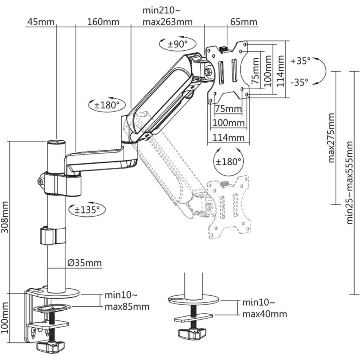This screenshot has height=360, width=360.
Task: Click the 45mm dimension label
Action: pyautogui.click(x=41, y=22)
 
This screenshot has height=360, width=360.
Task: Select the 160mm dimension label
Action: pyautogui.click(x=103, y=22)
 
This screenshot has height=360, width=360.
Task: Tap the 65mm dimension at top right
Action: pyautogui.click(x=244, y=22)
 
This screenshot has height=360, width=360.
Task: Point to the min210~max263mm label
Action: pyautogui.click(x=168, y=16)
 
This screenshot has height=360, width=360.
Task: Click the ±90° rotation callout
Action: pyautogui.click(x=178, y=44)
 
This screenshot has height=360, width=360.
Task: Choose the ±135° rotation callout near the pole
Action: pyautogui.click(x=87, y=210)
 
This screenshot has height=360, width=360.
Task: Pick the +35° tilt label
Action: pyautogui.click(x=300, y=61)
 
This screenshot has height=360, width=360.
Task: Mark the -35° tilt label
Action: pyautogui.click(x=300, y=82)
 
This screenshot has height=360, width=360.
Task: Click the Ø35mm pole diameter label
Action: pyautogui.click(x=85, y=263)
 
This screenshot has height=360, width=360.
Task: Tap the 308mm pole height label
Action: pyautogui.click(x=5, y=217)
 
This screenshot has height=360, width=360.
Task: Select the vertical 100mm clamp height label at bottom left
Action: pyautogui.click(x=5, y=318)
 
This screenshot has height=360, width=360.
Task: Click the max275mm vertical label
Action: pyautogui.click(x=331, y=138)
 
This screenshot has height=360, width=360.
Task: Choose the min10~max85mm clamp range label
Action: pyautogui.click(x=127, y=301)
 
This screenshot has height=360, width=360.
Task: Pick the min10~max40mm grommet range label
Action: pyautogui.click(x=265, y=308)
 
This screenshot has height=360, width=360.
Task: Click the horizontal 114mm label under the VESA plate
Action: pyautogui.click(x=229, y=138)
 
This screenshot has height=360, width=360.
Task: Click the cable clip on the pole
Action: pyautogui.click(x=53, y=236)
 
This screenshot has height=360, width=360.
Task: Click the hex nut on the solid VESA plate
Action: pyautogui.click(x=208, y=72)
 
